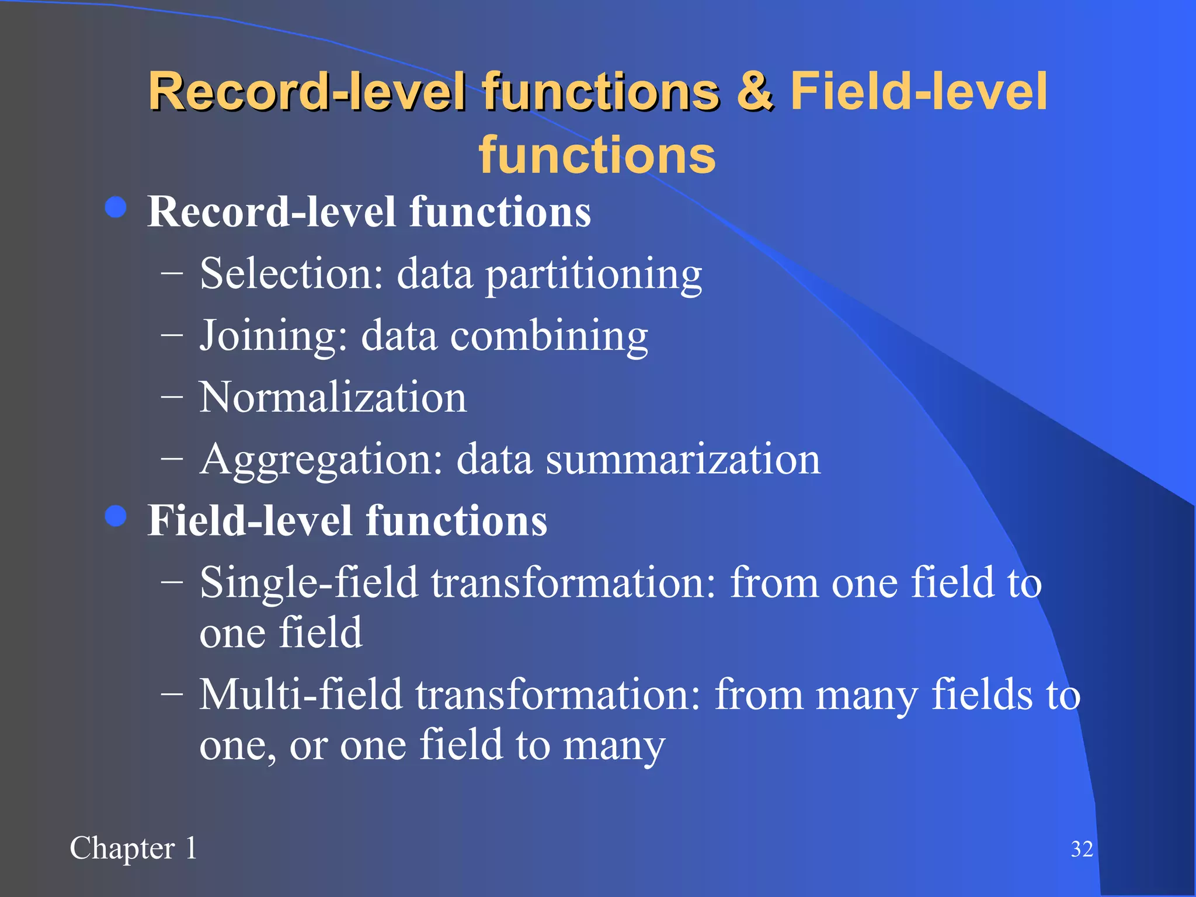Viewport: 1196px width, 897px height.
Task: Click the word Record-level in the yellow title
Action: (x=307, y=92)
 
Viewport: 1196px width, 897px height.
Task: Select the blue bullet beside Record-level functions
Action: (x=116, y=207)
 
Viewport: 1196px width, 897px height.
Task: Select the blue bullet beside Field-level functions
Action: (x=116, y=516)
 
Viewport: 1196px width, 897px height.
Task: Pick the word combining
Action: (x=549, y=336)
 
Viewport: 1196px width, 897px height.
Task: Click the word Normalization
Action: (x=333, y=397)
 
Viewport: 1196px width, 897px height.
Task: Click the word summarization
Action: (x=683, y=460)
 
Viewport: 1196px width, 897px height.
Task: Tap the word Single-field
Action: (x=309, y=583)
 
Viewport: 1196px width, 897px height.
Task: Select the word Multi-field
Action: (x=301, y=695)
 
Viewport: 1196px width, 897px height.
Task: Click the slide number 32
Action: (x=1082, y=849)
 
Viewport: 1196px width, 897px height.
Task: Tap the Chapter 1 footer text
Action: (x=134, y=849)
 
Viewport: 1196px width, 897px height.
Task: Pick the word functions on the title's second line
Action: (x=597, y=155)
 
